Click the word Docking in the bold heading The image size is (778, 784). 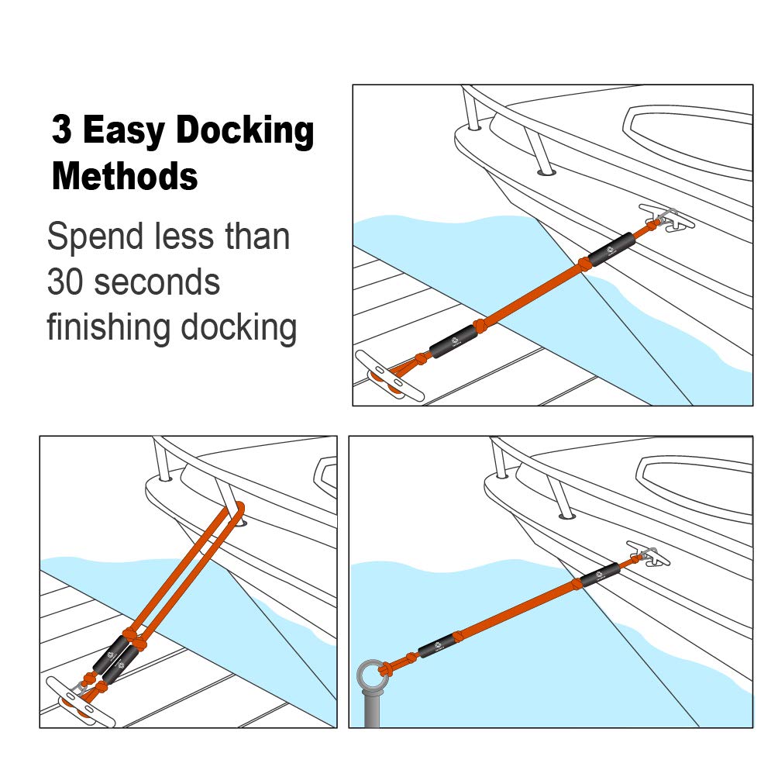click(245, 130)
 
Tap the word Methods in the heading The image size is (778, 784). click(125, 176)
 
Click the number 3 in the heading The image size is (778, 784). click(61, 129)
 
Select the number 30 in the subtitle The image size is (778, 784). click(65, 282)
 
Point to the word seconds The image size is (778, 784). click(157, 282)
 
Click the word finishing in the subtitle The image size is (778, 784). click(108, 328)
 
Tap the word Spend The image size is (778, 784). click(95, 238)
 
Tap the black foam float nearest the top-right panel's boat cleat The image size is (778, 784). click(611, 249)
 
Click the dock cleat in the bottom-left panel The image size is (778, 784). click(81, 701)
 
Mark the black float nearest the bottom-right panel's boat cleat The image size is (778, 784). click(601, 574)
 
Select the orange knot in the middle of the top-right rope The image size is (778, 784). click(583, 264)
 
